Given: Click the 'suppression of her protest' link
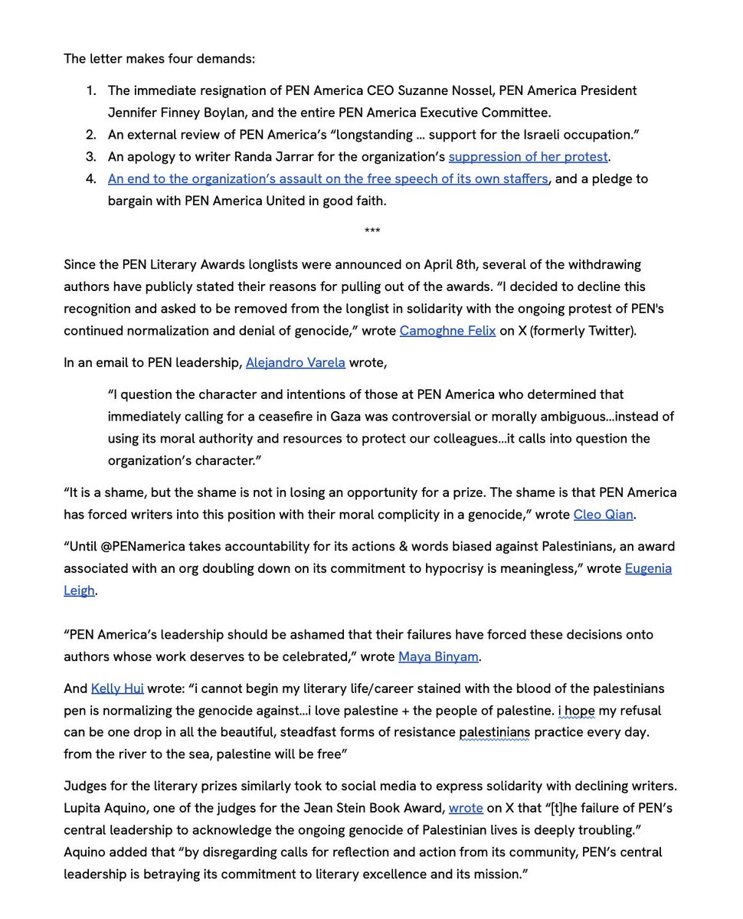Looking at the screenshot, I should click(x=528, y=156).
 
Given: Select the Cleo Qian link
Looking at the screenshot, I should click(x=603, y=514).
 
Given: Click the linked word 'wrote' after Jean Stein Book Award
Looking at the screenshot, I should click(x=466, y=807).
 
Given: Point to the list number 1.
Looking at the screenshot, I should click(x=90, y=90).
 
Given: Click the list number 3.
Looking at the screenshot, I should click(x=90, y=156).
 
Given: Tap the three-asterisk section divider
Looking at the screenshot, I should click(x=371, y=231).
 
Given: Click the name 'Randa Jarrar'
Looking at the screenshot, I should click(x=247, y=156).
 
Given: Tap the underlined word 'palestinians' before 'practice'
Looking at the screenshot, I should click(x=493, y=732).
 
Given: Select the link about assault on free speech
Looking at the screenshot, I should click(x=328, y=178).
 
